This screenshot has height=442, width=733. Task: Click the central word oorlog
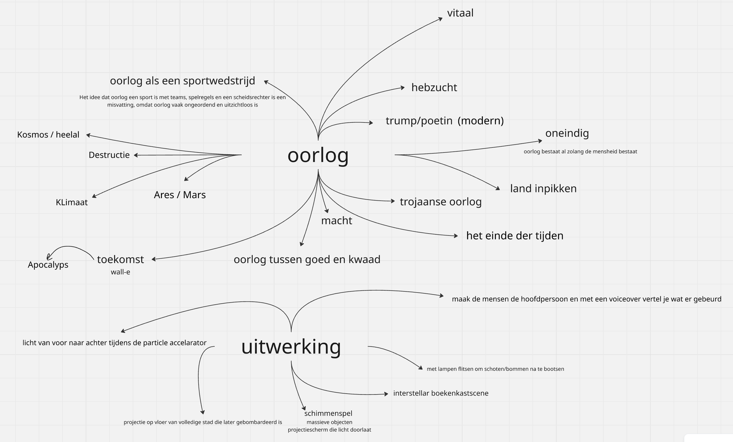318,155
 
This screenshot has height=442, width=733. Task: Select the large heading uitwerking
291,347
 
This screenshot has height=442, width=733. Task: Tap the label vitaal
460,13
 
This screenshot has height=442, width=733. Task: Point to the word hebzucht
434,87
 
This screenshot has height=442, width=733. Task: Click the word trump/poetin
419,121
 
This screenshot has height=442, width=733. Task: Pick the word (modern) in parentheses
481,121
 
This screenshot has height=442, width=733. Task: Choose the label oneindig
567,133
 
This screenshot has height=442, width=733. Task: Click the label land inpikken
543,188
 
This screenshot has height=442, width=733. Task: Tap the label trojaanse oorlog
441,202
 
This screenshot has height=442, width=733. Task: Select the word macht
337,221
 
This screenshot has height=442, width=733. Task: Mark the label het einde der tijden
515,236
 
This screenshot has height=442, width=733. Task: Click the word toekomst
121,259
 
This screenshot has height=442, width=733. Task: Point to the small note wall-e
121,272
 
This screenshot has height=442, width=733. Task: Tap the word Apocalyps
48,265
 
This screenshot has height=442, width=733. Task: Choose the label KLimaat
72,202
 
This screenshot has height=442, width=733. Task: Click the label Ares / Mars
180,195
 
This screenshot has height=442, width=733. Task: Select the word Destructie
109,155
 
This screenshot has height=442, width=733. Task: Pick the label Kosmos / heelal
48,135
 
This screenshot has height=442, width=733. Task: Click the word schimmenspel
328,413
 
